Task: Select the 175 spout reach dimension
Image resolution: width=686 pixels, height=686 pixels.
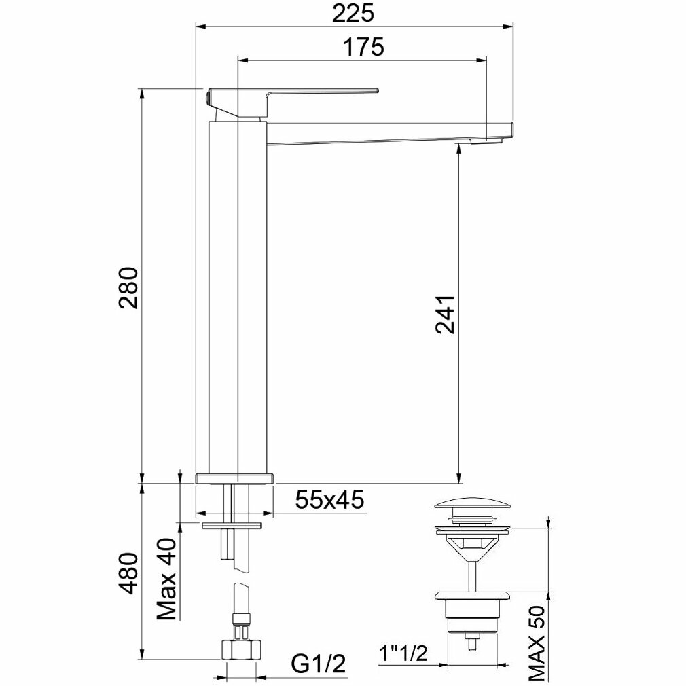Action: tap(363, 48)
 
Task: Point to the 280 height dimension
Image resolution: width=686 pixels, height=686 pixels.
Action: tap(129, 287)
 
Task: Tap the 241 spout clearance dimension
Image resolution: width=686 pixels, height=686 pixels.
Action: tap(446, 314)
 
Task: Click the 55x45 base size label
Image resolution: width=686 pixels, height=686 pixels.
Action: tap(329, 500)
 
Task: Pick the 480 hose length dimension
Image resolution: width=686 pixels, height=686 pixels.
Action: tap(129, 573)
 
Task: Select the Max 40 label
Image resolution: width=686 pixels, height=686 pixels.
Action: tap(166, 579)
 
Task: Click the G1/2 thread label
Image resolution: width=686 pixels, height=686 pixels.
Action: tap(319, 664)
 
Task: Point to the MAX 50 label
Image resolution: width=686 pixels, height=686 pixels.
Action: tap(537, 645)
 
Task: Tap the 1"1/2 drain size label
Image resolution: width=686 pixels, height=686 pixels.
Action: tap(403, 654)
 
